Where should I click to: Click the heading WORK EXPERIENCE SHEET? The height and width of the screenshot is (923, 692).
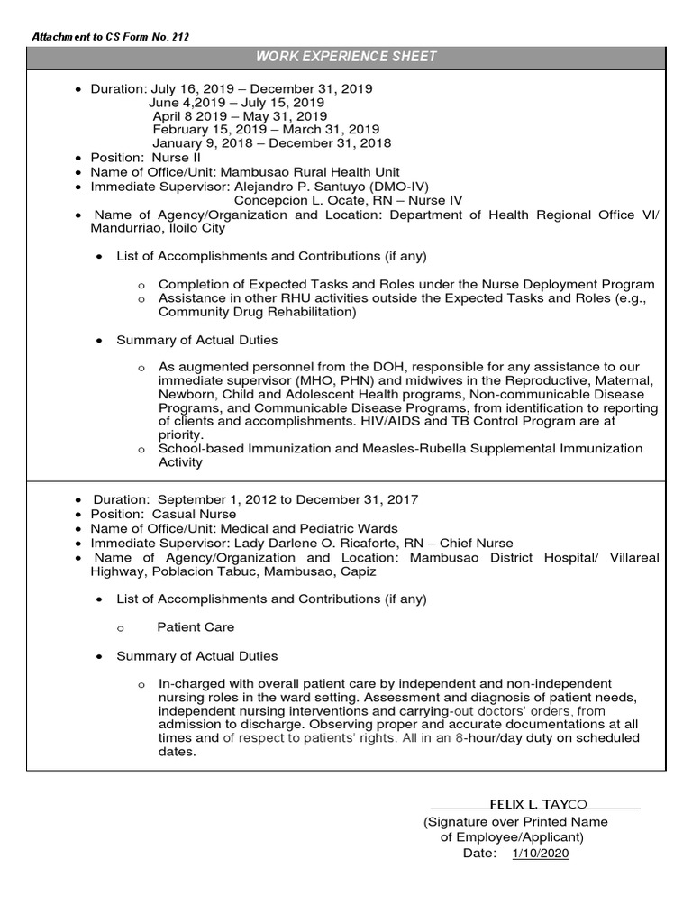point(346,57)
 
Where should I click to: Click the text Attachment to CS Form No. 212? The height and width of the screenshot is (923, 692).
point(110,37)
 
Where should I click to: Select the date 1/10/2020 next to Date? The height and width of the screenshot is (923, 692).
point(541,854)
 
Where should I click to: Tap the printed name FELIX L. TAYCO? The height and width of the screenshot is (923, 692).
point(537,802)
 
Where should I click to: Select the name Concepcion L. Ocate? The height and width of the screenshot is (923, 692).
point(304,200)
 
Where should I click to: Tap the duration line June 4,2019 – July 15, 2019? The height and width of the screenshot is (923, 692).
point(236,103)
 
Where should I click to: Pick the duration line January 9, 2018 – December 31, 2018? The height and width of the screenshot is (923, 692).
point(271,143)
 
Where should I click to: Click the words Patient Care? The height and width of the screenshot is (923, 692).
point(196,626)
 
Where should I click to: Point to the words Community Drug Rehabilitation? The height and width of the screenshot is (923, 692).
point(256,312)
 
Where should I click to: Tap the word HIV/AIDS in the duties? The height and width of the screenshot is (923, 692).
point(434,420)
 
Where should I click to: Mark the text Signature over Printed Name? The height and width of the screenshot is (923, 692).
point(515,821)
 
